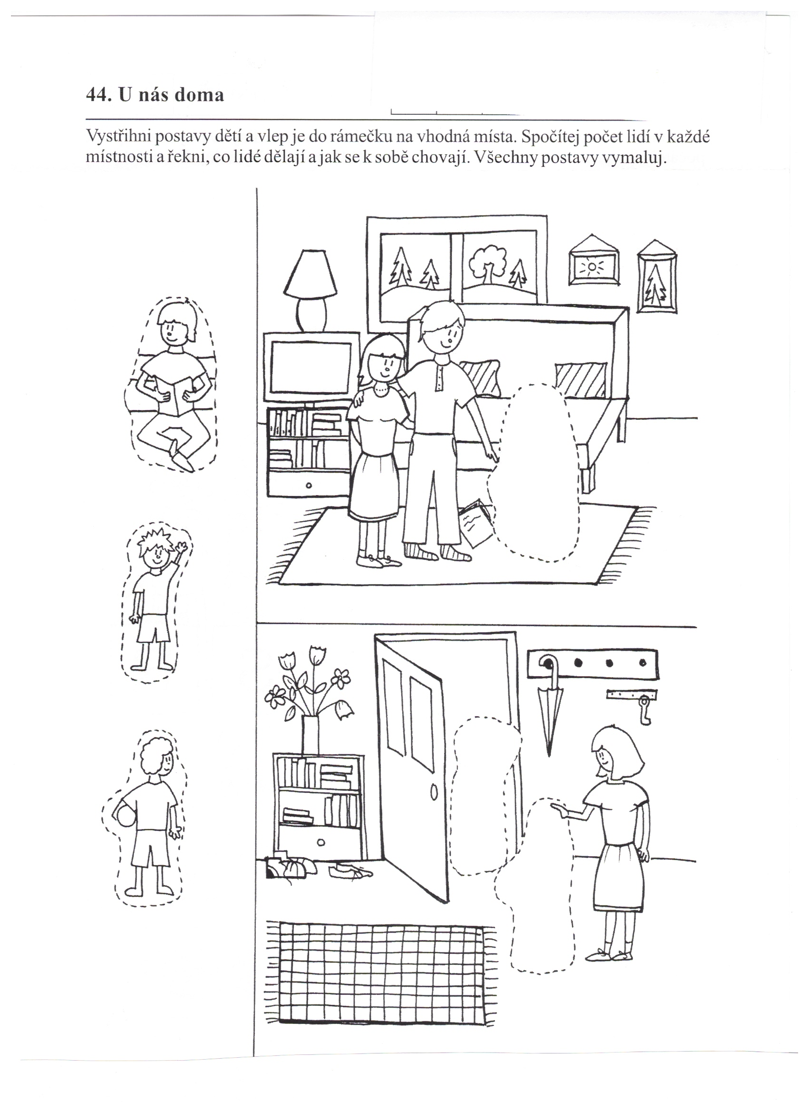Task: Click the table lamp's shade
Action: click(x=312, y=274)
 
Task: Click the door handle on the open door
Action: click(x=434, y=792)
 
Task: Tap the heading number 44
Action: click(x=96, y=94)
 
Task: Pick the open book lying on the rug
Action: click(x=475, y=522)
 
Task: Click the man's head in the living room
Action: click(x=438, y=327)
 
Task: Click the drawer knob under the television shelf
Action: click(x=308, y=486)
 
